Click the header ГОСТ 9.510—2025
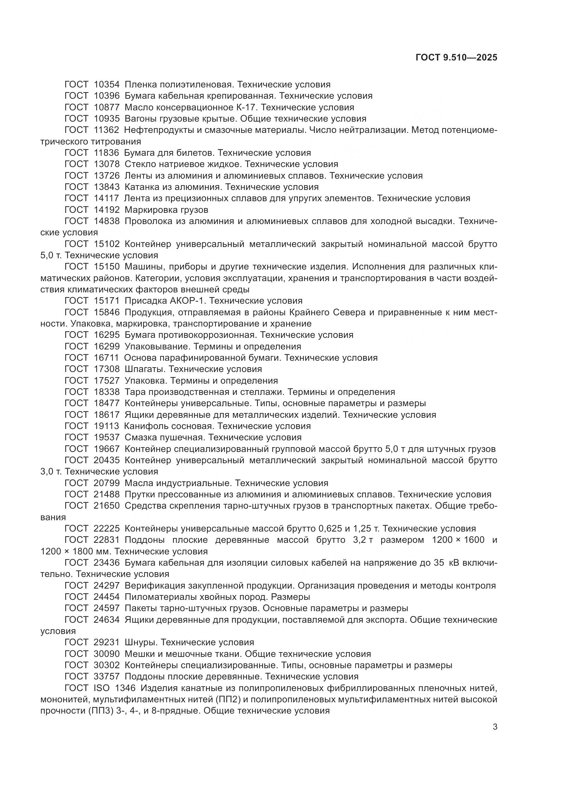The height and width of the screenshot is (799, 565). [456, 57]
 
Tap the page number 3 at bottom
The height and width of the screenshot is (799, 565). [495, 727]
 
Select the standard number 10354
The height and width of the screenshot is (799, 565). [107, 85]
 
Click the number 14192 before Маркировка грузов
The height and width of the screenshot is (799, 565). [107, 210]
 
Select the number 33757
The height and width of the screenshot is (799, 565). [107, 676]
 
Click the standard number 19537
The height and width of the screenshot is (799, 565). [107, 437]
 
